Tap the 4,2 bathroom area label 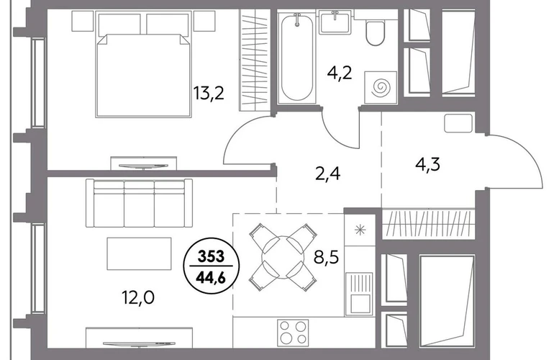(340, 73)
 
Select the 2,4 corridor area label (327, 174)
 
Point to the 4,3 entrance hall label (427, 164)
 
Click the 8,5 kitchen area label (326, 257)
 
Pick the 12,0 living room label (138, 298)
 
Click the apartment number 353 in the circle (212, 256)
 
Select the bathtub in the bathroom (296, 58)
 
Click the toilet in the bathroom (375, 32)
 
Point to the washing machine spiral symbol (381, 86)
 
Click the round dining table (283, 257)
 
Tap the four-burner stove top (293, 333)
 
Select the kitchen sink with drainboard (358, 294)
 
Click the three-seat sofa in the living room (139, 203)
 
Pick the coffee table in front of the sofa (139, 253)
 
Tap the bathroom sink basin (335, 22)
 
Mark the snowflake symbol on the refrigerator (360, 230)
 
